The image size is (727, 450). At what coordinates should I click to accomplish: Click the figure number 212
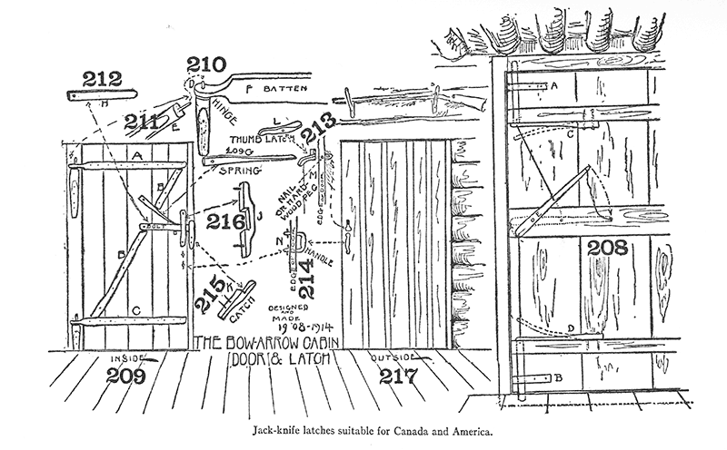click(101, 79)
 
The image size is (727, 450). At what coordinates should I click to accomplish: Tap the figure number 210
click(206, 64)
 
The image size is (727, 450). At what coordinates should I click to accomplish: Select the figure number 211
click(141, 120)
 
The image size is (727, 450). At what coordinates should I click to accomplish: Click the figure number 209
click(127, 375)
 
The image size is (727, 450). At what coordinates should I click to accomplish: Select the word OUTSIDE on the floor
click(394, 360)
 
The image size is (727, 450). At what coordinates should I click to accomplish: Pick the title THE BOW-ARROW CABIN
click(269, 342)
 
